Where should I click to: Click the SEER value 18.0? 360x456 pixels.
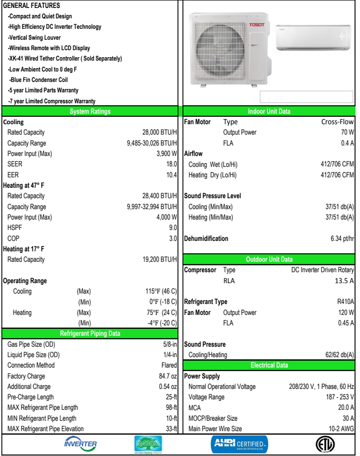[x=171, y=164]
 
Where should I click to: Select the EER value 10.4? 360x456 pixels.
[x=171, y=175]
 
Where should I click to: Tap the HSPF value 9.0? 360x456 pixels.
[x=173, y=228]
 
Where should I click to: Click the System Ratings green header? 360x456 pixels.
[x=90, y=111]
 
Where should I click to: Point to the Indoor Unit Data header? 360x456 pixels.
[x=269, y=111]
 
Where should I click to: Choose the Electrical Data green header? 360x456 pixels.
[x=269, y=365]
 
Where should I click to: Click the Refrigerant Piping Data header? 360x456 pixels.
[x=90, y=333]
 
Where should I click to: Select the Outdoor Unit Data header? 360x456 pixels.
[x=269, y=259]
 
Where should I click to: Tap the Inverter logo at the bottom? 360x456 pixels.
[x=81, y=444]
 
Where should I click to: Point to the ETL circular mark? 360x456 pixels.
[x=325, y=444]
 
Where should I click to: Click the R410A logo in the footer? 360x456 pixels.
[x=148, y=444]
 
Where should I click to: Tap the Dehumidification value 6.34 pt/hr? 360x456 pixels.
[x=342, y=238]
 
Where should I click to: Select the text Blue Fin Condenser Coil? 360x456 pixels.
[x=39, y=79]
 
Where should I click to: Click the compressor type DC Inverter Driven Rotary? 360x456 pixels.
[x=323, y=270]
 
